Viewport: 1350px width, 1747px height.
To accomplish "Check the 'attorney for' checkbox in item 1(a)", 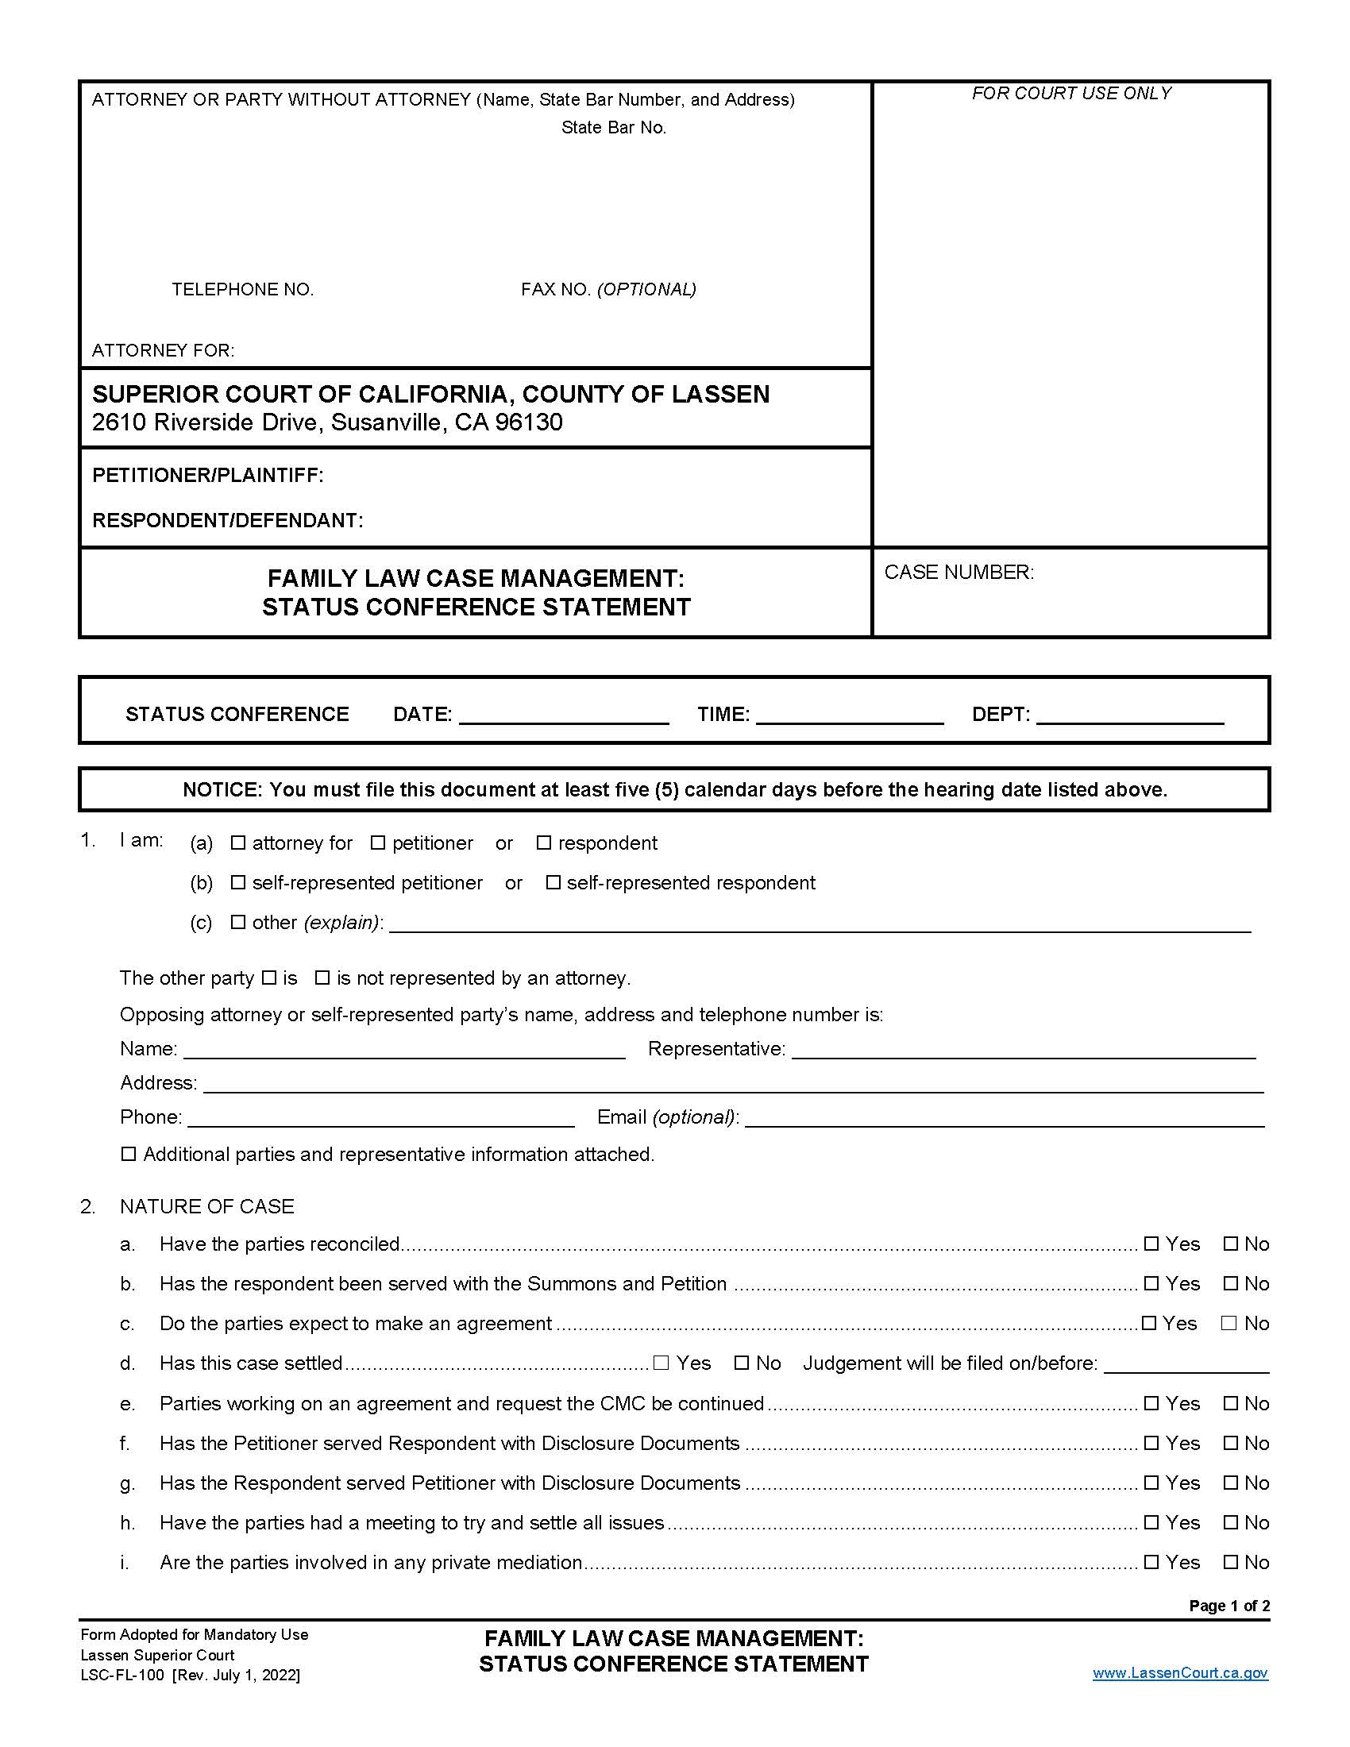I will click(237, 843).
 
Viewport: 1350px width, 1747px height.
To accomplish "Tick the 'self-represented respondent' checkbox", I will click(553, 882).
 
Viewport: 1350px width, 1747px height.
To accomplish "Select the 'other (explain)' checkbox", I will click(237, 922).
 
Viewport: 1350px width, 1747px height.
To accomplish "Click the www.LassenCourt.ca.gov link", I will click(1179, 1672).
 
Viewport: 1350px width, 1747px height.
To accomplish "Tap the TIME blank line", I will click(850, 715).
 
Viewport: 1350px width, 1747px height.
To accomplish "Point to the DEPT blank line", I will click(1129, 715).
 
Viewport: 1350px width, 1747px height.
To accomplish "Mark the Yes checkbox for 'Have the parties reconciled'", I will click(1151, 1244).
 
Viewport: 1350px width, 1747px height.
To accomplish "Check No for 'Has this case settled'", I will click(742, 1363).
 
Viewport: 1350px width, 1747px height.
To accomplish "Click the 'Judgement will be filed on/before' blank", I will click(1186, 1364).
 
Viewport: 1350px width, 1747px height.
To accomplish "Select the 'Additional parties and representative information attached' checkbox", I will click(129, 1155).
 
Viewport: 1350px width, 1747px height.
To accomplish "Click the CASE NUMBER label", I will click(958, 572).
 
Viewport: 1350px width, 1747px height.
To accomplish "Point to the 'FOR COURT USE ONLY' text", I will click(1071, 94).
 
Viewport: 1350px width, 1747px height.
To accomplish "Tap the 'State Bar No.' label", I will click(613, 127).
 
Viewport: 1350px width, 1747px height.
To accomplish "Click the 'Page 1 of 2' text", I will click(1228, 1606).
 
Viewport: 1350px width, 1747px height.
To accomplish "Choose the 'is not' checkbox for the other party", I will click(322, 978).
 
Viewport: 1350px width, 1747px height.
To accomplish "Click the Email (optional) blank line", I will click(1004, 1118).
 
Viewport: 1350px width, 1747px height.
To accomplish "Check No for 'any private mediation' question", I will click(1231, 1562).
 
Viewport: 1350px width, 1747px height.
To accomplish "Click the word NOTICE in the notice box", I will click(222, 789).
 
